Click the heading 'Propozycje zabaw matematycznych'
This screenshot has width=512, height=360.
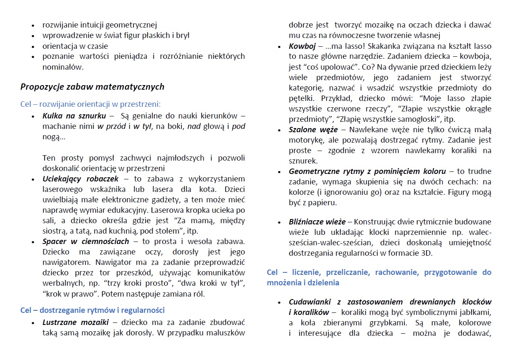pos(92,87)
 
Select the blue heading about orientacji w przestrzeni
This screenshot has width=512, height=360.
pos(91,104)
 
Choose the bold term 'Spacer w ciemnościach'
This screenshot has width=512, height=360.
pos(86,242)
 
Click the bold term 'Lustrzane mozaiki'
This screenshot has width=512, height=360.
pos(76,322)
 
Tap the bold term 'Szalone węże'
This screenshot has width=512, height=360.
pos(313,130)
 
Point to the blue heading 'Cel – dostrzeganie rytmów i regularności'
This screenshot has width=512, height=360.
pos(92,310)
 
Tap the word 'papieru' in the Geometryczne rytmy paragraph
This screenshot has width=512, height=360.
pos(319,203)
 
